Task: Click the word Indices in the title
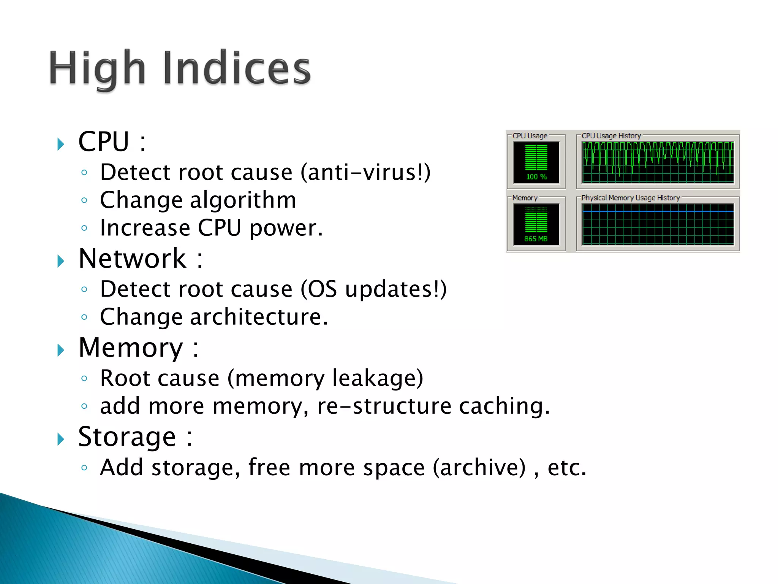tap(237, 68)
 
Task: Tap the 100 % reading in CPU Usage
tap(536, 177)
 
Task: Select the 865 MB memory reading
tap(536, 239)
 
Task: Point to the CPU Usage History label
tap(611, 136)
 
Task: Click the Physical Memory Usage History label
tap(630, 198)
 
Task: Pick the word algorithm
tap(243, 200)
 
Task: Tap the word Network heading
tap(133, 259)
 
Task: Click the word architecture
tap(258, 317)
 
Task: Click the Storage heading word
tap(127, 437)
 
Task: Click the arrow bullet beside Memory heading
tap(61, 350)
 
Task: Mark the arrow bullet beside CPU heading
tap(61, 144)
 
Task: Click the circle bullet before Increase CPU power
tap(84, 228)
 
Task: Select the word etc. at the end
tap(566, 467)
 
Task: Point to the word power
tap(286, 229)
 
